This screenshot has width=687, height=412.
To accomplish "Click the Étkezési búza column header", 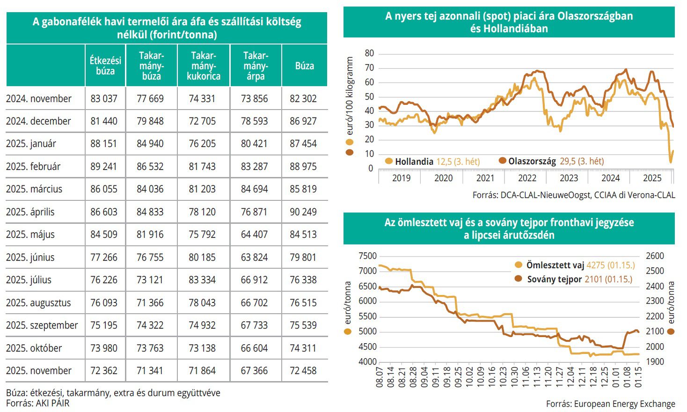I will pos(105,66).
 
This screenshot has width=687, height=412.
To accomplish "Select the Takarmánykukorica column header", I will pos(204,66).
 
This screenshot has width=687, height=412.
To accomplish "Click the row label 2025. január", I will pos(31,144).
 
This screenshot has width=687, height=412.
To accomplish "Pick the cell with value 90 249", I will pos(303,212).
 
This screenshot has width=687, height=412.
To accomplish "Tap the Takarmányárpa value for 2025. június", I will pos(255,257).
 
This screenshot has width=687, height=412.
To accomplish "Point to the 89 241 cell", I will pos(104,167).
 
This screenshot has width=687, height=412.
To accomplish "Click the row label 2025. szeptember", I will pos(42,325).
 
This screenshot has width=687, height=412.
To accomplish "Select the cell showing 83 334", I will pos(202,280).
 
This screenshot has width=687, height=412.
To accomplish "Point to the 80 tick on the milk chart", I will pos(369,53).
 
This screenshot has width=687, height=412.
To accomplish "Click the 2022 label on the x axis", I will pos(527,178).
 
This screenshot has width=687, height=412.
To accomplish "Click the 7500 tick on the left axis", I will pos(367,256).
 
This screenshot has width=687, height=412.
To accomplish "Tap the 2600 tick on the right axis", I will pos(655,256).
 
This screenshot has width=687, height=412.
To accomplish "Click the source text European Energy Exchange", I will pos(610,404).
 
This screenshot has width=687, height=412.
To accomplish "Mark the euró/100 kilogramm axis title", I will pos(350,96).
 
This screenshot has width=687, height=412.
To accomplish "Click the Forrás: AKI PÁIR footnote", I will pos(37,403).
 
